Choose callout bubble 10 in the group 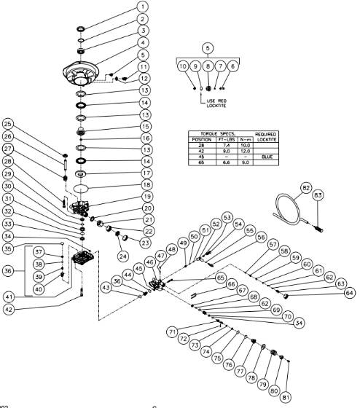coord(183,66)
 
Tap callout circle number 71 coord(172,331)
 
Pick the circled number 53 coord(227,217)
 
